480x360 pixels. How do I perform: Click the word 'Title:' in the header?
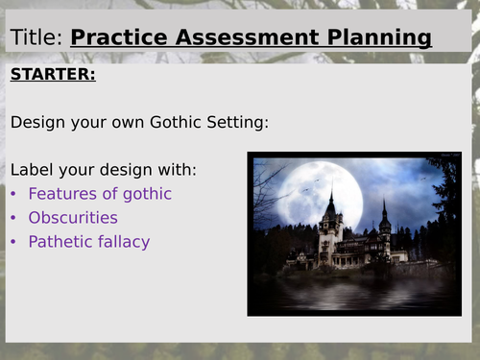click(36, 38)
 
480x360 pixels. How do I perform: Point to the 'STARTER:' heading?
click(53, 75)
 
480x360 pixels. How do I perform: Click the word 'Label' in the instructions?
click(33, 170)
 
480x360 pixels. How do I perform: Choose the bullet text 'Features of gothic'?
click(100, 194)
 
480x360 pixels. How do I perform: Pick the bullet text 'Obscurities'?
click(73, 218)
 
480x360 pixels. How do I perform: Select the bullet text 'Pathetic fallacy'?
click(89, 242)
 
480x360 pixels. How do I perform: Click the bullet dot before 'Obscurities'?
click(14, 218)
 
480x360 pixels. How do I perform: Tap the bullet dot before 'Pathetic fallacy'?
click(14, 242)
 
